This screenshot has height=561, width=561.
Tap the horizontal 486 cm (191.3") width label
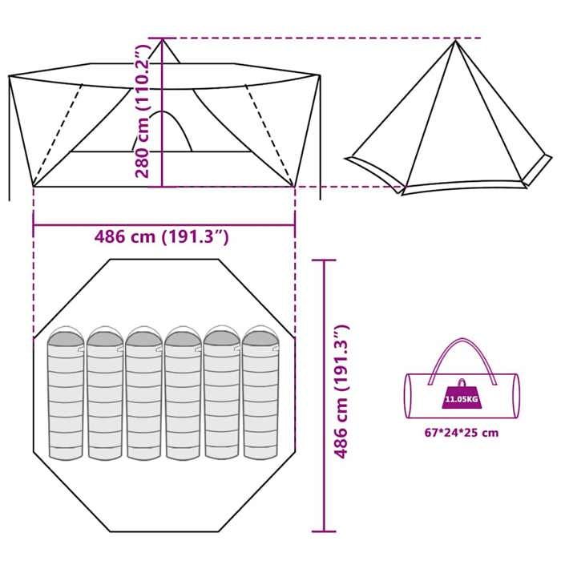pos(163,236)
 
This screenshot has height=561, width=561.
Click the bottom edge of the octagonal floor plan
pos(163,531)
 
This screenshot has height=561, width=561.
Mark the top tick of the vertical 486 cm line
pos(324,260)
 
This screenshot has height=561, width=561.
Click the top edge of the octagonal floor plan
pos(163,259)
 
